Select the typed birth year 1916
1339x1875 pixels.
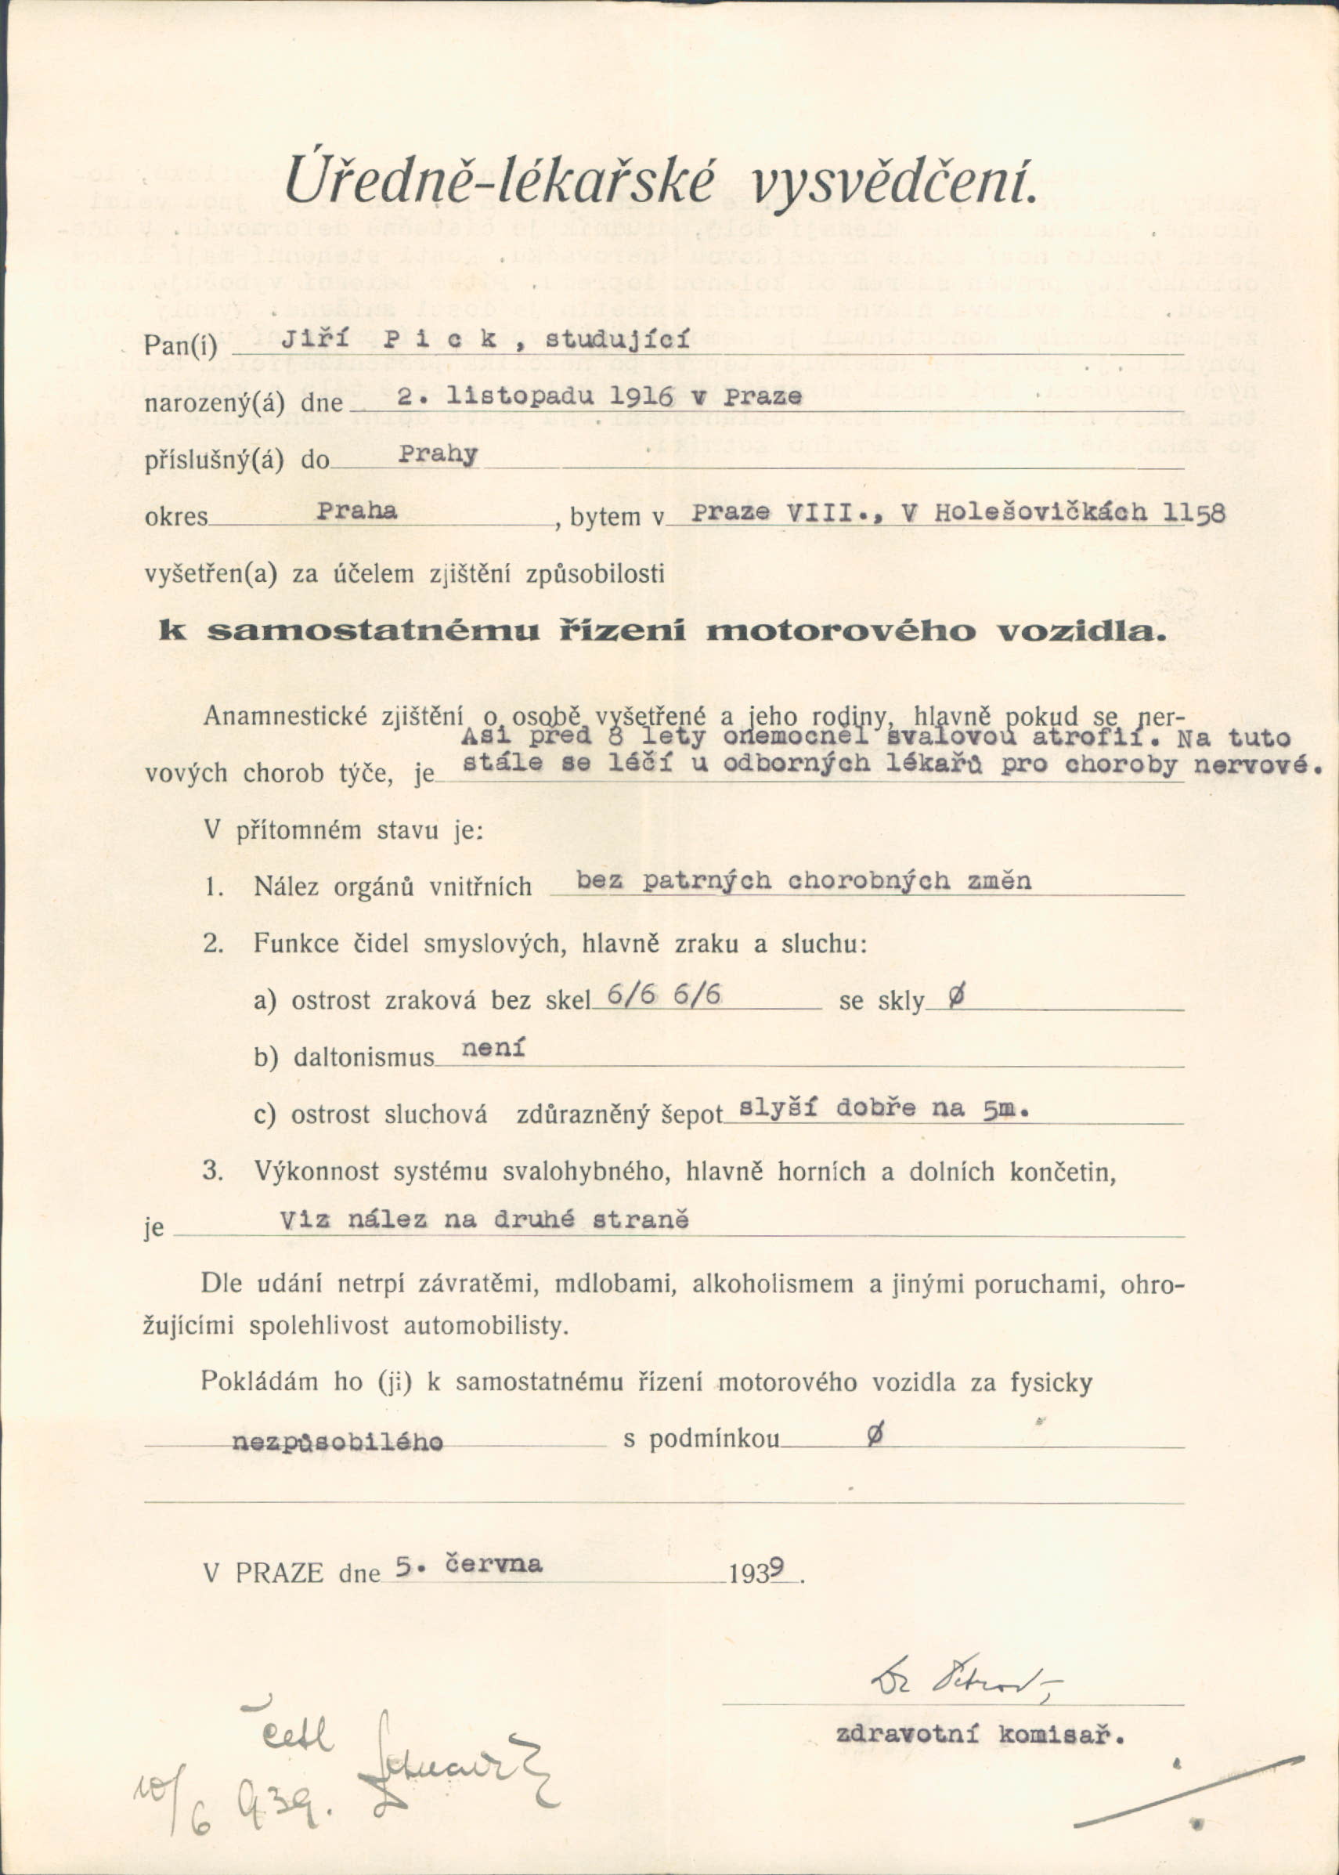637,397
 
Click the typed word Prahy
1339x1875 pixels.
437,455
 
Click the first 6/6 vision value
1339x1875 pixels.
632,997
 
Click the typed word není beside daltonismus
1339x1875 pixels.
493,1049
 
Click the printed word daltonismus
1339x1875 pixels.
363,1058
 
